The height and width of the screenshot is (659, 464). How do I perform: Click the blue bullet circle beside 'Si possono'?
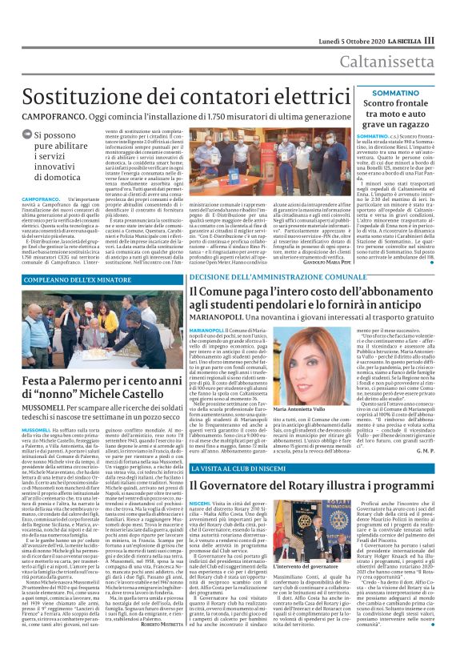tap(27, 136)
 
